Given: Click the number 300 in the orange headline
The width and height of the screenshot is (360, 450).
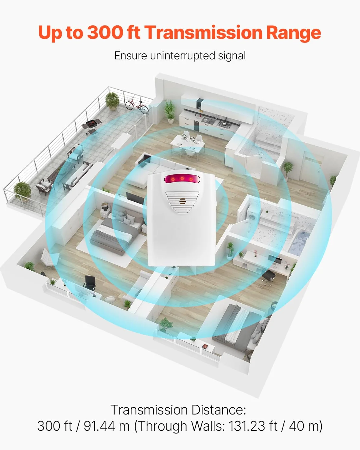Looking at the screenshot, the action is point(105,32).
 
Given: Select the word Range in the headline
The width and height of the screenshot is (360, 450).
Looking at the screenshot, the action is point(294,33).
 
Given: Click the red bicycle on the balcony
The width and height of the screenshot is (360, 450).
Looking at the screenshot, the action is point(137,107).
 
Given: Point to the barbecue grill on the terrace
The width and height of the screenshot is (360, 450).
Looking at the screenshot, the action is point(92,126).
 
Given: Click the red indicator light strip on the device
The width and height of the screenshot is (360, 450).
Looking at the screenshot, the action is point(182,179).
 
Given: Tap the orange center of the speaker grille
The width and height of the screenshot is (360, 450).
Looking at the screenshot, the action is point(182,201).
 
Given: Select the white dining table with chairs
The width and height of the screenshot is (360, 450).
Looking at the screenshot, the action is point(188,143).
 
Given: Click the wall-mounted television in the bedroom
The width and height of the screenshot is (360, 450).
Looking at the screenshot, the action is point(135,198).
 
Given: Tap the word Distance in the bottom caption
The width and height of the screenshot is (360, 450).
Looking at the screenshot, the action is point(219,410).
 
